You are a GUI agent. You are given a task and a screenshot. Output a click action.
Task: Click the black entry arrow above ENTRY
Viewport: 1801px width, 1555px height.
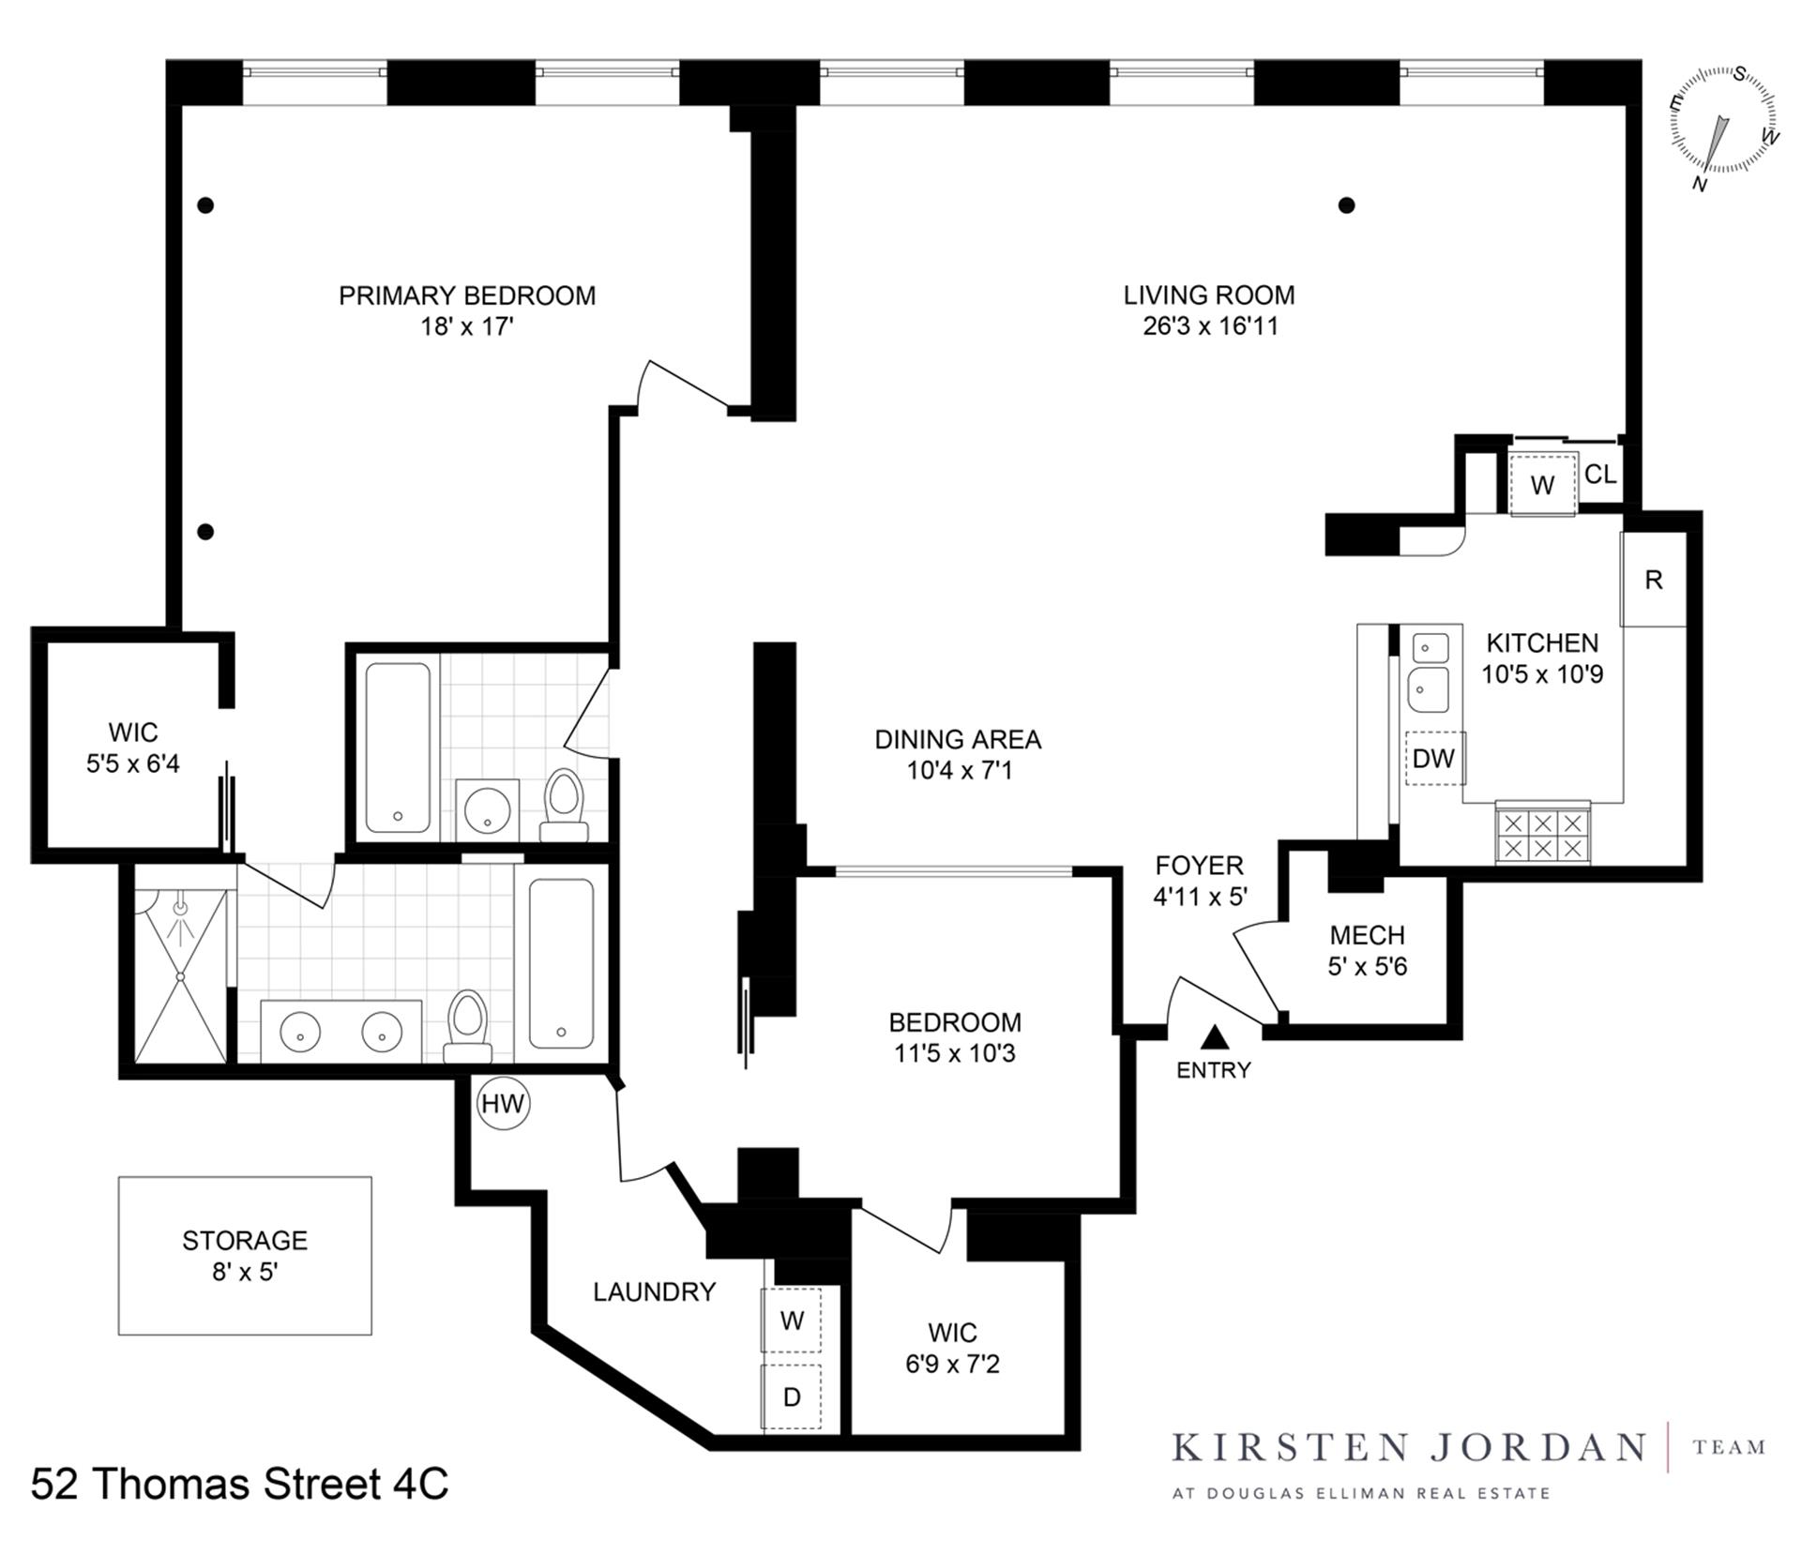click(x=1215, y=1036)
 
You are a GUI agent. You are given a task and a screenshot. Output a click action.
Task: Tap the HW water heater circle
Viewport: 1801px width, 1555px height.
click(x=503, y=1103)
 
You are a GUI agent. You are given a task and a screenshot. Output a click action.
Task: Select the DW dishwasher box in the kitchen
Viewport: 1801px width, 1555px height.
click(x=1434, y=758)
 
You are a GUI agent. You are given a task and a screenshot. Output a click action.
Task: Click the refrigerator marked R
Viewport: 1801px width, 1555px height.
click(x=1653, y=580)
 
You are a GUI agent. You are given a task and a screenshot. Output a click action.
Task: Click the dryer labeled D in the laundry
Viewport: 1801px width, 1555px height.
click(x=791, y=1396)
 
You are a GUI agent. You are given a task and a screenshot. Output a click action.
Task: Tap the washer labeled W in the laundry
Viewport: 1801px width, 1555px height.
click(x=791, y=1320)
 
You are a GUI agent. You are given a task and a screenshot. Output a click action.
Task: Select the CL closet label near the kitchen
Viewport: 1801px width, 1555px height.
click(x=1600, y=475)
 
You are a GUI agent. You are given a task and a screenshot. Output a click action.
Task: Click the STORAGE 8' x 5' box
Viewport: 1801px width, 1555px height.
click(x=245, y=1255)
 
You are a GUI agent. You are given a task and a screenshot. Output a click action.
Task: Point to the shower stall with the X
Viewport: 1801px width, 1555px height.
click(x=181, y=975)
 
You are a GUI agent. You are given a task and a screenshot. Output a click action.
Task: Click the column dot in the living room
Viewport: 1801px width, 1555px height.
click(x=1346, y=204)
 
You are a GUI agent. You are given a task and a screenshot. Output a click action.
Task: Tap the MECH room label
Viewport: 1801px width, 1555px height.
click(x=1367, y=935)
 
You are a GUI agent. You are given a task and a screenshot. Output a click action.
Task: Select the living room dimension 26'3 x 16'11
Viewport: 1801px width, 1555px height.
click(x=1210, y=326)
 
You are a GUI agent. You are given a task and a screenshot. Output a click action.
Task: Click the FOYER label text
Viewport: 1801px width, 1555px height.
click(x=1199, y=865)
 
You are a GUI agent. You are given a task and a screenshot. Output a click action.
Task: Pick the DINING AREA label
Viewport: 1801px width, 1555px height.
click(x=957, y=739)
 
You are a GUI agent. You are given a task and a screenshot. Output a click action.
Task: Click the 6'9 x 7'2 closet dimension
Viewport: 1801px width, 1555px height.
click(x=952, y=1364)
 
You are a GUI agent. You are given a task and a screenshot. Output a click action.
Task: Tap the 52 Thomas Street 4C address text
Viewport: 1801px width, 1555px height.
click(x=239, y=1484)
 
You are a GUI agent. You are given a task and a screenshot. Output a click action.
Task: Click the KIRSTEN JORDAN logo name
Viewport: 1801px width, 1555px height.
click(x=1408, y=1447)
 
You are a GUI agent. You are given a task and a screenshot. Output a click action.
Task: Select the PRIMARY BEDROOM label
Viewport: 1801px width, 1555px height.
click(x=466, y=295)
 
